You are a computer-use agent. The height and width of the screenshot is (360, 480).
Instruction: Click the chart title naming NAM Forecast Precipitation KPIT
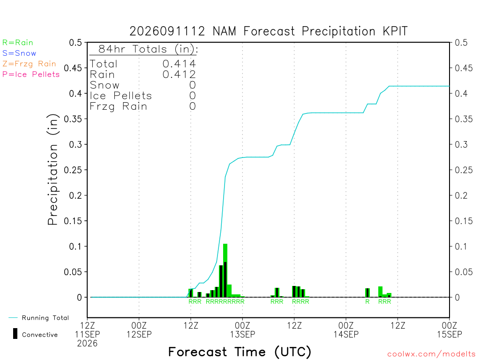[x=269, y=31]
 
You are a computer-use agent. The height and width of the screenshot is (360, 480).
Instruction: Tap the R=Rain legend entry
[x=18, y=43]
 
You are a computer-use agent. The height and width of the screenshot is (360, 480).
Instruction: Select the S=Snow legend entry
[x=19, y=53]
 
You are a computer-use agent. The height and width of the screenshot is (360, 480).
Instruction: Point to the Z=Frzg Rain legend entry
[x=29, y=64]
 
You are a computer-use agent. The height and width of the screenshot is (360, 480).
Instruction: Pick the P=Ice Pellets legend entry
[x=31, y=75]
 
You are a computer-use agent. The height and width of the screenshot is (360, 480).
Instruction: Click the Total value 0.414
[x=179, y=64]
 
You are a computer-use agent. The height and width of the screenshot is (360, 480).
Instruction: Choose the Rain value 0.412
[x=179, y=75]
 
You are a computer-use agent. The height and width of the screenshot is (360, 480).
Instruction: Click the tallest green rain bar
[x=225, y=270]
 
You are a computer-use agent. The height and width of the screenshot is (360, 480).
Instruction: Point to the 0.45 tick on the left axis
[x=73, y=68]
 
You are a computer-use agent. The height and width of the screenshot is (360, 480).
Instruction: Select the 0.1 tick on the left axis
[x=75, y=247]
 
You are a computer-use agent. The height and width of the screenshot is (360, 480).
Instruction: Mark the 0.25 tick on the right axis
[x=464, y=170]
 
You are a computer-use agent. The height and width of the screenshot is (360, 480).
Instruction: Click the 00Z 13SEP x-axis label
[x=242, y=330]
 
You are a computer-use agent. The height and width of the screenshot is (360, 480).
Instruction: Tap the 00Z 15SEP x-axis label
[x=450, y=330]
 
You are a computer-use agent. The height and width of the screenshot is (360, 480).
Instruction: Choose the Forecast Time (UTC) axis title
[x=240, y=352]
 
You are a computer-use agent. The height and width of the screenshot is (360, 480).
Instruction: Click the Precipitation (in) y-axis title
[x=52, y=170]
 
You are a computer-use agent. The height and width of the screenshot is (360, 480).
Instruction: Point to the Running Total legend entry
[x=39, y=318]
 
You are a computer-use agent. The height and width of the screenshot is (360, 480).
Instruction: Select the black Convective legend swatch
[x=15, y=334]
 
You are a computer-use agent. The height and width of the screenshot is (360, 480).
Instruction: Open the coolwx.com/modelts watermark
[x=431, y=354]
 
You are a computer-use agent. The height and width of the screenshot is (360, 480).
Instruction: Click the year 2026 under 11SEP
[x=87, y=344]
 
